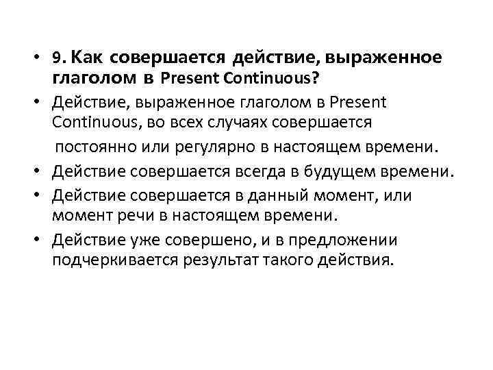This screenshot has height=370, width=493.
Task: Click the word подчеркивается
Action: click(x=116, y=262)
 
